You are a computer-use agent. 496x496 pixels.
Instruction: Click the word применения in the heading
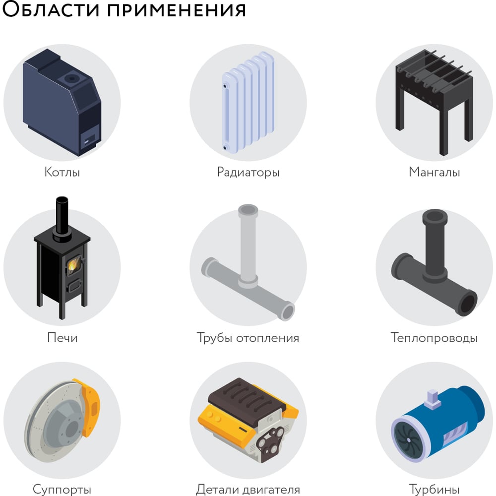click(x=177, y=9)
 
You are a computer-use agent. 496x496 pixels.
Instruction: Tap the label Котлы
click(x=62, y=172)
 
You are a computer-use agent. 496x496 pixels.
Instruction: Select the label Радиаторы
click(x=248, y=173)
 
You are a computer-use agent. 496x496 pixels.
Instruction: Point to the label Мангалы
click(x=434, y=172)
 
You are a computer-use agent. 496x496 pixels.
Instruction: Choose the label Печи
click(x=62, y=337)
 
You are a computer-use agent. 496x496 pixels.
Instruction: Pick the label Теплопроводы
click(x=434, y=338)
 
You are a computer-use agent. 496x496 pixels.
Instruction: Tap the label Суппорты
click(x=62, y=490)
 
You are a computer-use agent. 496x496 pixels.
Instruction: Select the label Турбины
click(x=434, y=490)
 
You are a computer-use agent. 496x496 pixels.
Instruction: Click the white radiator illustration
click(x=248, y=102)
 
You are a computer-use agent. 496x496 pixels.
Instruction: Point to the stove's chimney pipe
click(x=62, y=218)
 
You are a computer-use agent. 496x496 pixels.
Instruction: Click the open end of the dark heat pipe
click(x=468, y=303)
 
